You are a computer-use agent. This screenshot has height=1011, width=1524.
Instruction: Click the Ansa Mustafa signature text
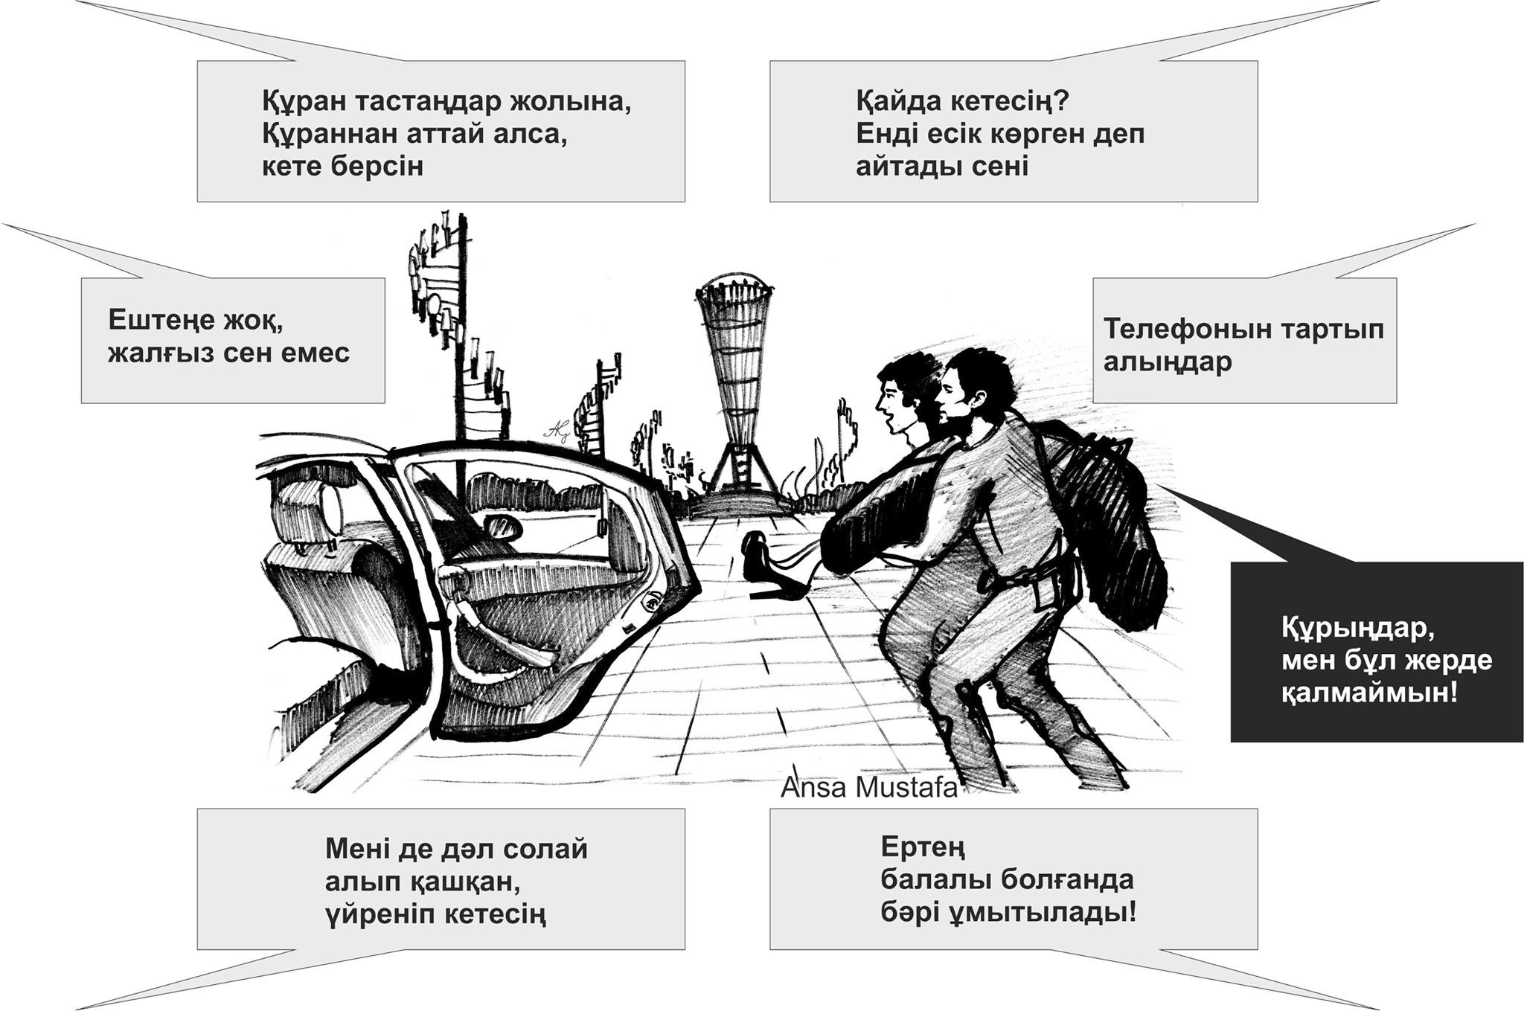pos(868,788)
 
